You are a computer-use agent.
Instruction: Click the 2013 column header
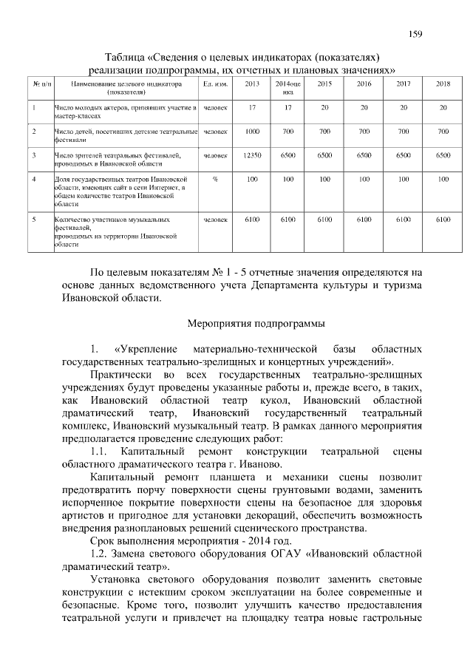click(252, 84)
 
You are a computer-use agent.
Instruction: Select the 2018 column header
click(443, 84)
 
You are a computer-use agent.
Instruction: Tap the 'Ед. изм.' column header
click(214, 84)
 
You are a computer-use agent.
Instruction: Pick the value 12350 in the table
click(252, 155)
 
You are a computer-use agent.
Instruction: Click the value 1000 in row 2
click(252, 132)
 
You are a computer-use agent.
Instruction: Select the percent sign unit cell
click(214, 180)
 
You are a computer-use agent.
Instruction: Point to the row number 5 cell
click(34, 220)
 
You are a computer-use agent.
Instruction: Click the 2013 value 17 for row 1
click(252, 108)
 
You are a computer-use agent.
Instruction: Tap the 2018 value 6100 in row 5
click(443, 220)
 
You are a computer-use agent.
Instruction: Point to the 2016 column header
click(364, 84)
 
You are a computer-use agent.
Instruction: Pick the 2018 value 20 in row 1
click(443, 108)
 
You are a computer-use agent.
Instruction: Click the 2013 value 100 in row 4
click(252, 180)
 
